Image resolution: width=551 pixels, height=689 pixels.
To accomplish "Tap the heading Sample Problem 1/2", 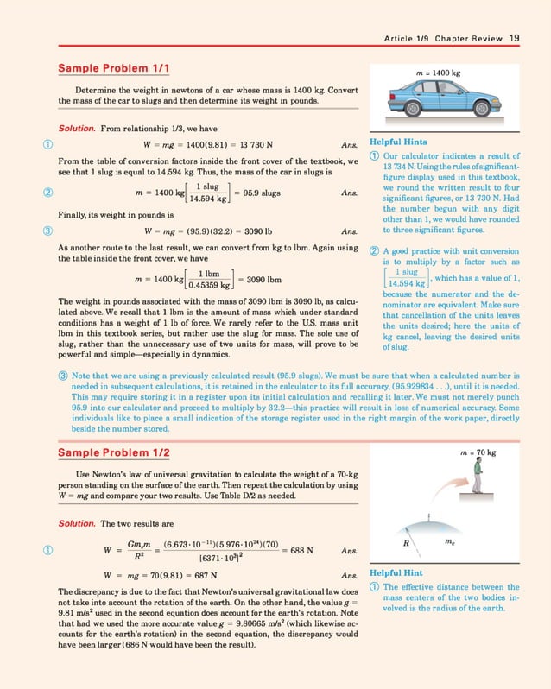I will click(x=113, y=453).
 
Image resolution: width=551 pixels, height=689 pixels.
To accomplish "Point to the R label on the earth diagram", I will click(x=418, y=544).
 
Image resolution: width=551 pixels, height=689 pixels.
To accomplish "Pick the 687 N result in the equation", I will click(x=200, y=574).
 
